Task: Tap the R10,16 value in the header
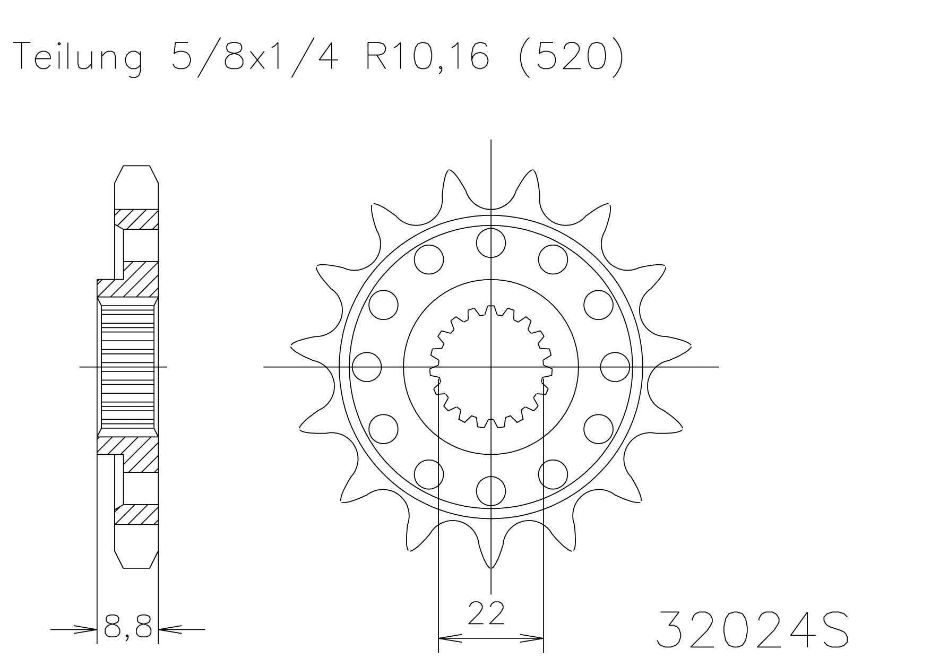point(426,57)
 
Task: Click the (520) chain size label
point(569,57)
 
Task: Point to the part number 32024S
point(753,630)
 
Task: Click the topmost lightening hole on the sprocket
point(490,242)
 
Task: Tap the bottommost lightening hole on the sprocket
point(490,490)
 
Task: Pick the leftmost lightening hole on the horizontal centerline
point(367,367)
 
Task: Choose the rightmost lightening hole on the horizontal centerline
point(615,367)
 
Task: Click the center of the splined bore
point(490,367)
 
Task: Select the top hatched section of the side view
point(136,219)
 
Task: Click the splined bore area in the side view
point(127,366)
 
